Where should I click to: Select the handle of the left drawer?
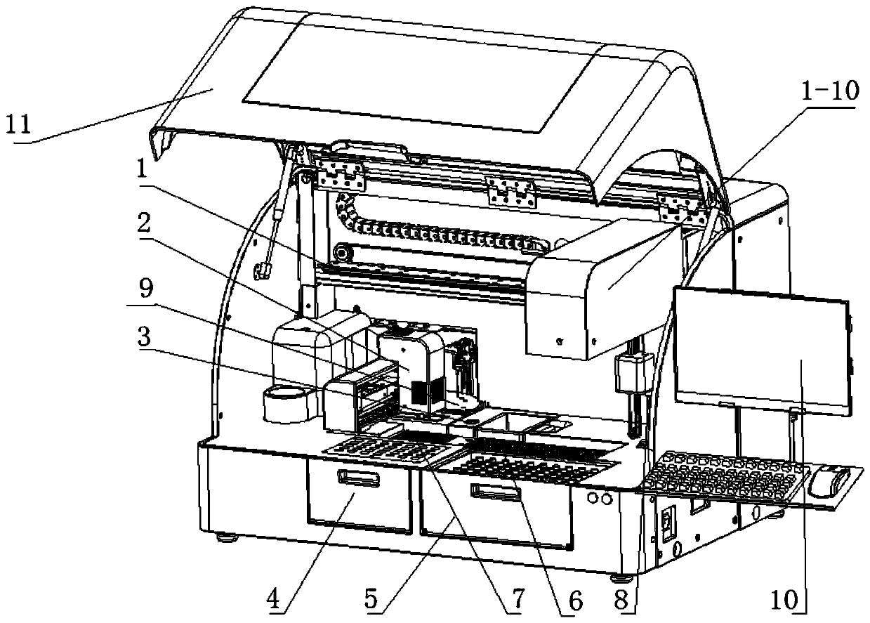tap(359, 479)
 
